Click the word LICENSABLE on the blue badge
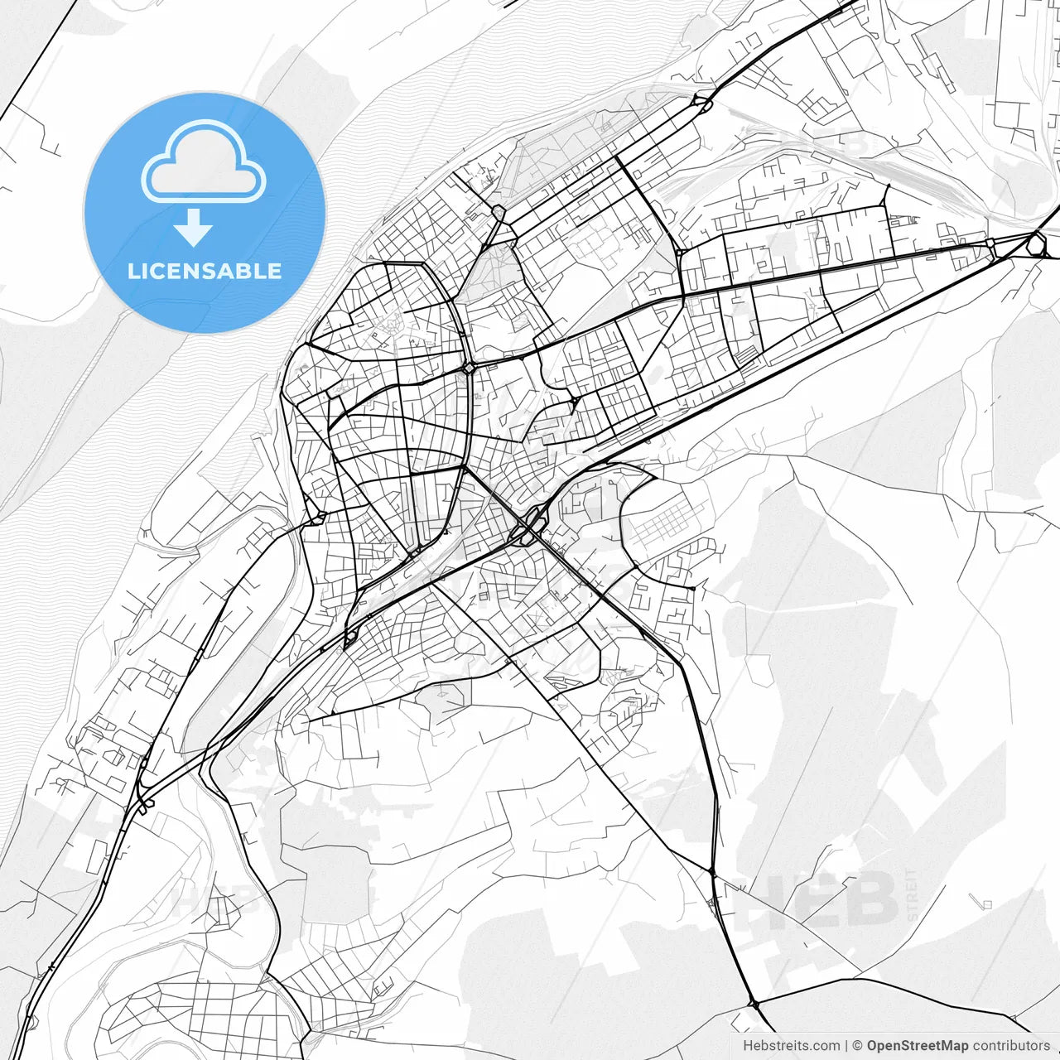[205, 272]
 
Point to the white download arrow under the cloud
[195, 227]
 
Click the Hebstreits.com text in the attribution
[791, 1046]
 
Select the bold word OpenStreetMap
[917, 1046]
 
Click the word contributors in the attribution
[1011, 1046]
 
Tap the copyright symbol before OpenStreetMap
[858, 1046]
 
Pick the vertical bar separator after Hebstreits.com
[846, 1046]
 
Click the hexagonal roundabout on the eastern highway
[1036, 243]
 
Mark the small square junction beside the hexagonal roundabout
[991, 243]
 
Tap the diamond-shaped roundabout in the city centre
[470, 367]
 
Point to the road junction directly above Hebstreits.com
[754, 1004]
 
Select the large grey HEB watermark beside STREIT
[828, 899]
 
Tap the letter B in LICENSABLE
[253, 272]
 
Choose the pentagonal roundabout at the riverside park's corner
[499, 213]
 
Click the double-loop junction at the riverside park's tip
[701, 104]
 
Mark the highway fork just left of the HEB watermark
[713, 873]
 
